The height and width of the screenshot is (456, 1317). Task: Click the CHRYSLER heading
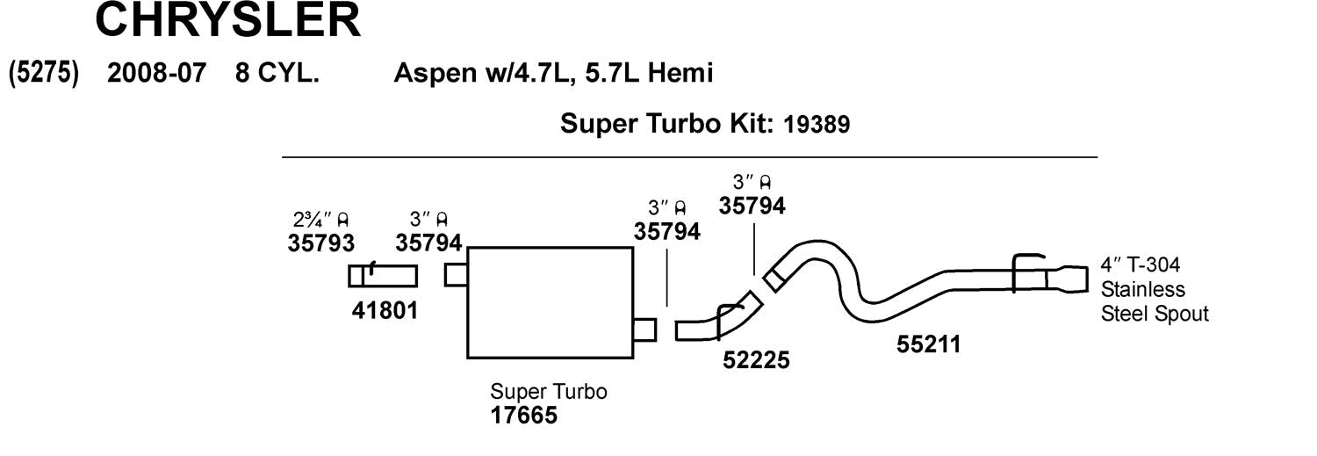point(227,20)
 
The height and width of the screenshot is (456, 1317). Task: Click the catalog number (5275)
point(44,73)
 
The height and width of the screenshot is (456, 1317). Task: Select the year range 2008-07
point(156,73)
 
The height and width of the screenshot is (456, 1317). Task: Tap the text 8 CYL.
point(277,73)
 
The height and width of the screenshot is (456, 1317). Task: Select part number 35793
point(320,242)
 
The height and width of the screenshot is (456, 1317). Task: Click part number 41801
point(385,310)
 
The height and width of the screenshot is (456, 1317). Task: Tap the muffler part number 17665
point(523,414)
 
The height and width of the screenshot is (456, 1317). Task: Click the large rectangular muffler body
point(550,302)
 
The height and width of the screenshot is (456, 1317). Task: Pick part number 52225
point(756,360)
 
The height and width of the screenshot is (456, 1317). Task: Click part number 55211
point(928,344)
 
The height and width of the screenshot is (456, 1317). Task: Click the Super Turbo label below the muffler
point(548,391)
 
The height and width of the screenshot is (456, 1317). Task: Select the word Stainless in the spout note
point(1142,289)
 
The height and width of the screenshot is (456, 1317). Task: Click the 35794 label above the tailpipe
point(752,206)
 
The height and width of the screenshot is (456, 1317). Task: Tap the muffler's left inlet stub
point(456,275)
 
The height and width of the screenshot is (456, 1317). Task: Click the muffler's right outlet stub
point(644,329)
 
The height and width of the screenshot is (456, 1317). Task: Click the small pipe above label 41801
point(383,276)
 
